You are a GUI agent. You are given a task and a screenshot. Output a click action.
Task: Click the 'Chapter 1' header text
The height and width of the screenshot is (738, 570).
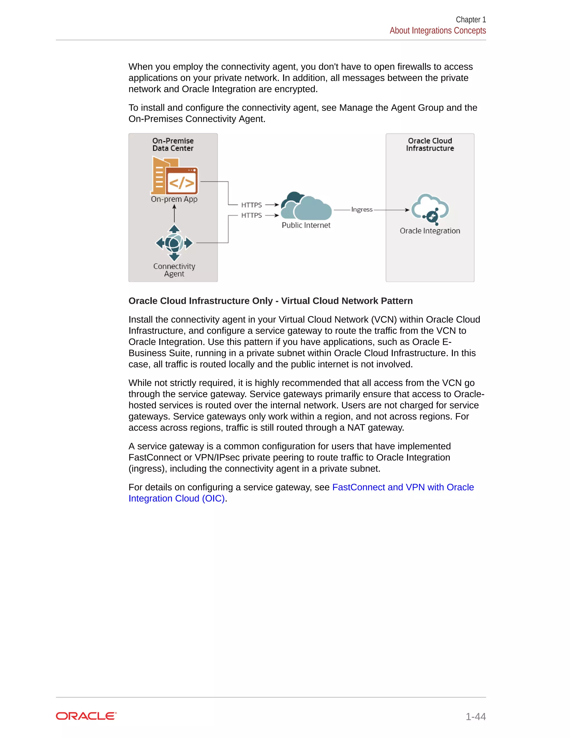[x=470, y=19]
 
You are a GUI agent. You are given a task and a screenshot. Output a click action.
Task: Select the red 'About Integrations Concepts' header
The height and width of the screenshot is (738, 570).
[x=437, y=31]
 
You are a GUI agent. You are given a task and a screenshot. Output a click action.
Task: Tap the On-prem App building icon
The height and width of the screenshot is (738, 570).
[x=174, y=176]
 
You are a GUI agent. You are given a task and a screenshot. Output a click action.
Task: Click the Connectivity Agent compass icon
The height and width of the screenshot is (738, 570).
[x=174, y=243]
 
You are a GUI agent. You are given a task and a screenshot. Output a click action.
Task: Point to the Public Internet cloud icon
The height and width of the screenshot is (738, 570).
[x=306, y=206]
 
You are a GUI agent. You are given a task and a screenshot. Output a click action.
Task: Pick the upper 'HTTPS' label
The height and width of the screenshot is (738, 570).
[x=252, y=205]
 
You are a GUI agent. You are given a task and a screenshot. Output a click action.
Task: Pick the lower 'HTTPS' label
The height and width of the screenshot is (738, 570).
[x=252, y=215]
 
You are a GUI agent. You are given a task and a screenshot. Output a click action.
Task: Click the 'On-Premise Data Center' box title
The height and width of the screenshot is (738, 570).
[x=173, y=145]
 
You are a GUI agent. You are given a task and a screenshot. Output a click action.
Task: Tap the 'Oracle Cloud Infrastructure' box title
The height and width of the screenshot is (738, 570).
[x=430, y=145]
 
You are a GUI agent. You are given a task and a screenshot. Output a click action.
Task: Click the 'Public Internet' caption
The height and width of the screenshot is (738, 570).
[x=306, y=225]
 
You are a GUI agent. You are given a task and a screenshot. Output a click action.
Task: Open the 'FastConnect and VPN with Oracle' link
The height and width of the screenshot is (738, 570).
[x=403, y=487]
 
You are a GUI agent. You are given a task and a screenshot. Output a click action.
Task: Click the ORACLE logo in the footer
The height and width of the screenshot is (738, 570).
[x=86, y=716]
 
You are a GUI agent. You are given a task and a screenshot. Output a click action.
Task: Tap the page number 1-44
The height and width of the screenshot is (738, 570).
[x=475, y=717]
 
